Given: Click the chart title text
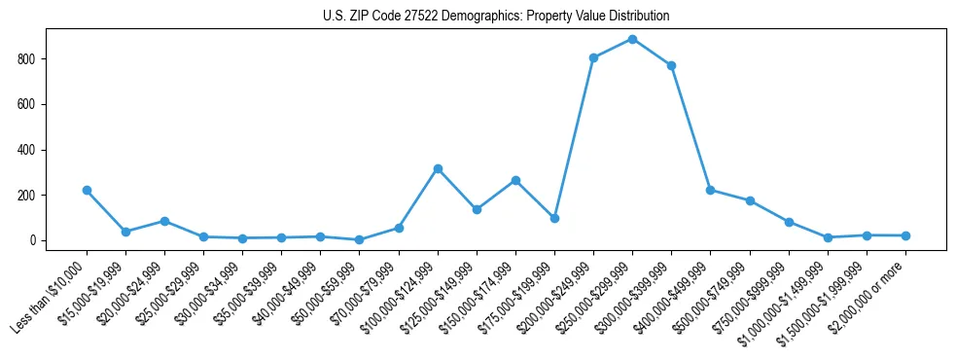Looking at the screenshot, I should [x=496, y=17].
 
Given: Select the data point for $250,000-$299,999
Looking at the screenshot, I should [x=632, y=39].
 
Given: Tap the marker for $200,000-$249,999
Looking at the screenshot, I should [x=593, y=57].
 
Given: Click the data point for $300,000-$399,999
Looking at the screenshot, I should [x=671, y=65].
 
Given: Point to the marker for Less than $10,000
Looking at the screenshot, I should [x=87, y=190].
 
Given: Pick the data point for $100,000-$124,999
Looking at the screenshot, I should [x=438, y=168].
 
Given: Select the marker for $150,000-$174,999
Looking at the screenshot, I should [x=515, y=180].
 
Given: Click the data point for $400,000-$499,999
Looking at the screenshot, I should [x=710, y=190].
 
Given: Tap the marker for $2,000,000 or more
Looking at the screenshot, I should [x=905, y=235].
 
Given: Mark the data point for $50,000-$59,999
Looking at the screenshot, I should [x=360, y=239].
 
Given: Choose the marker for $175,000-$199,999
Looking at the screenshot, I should [x=554, y=218].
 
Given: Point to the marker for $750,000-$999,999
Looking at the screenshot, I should [x=789, y=222].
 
